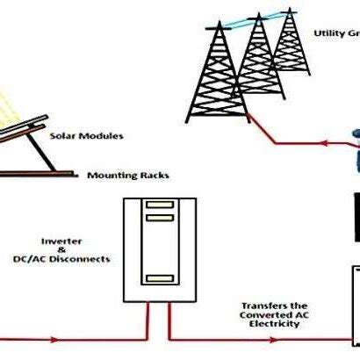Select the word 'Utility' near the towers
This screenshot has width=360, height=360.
329,33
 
